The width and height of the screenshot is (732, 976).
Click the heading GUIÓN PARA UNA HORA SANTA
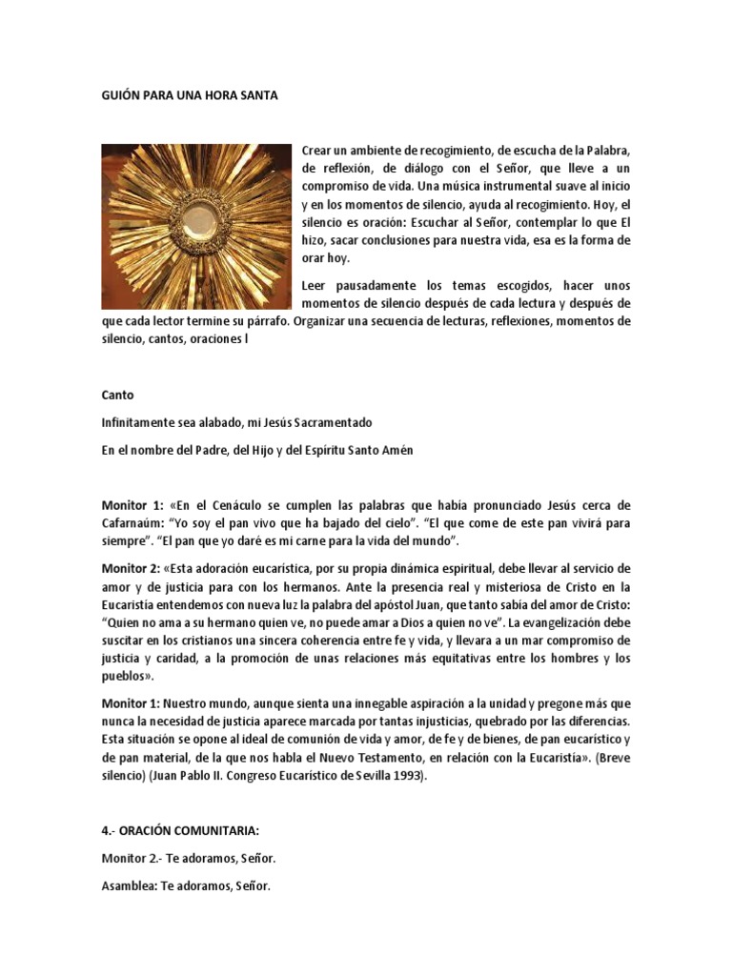(190, 97)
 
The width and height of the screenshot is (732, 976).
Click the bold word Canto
(117, 395)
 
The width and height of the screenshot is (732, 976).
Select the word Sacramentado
(332, 422)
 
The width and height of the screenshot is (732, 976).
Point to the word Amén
(399, 450)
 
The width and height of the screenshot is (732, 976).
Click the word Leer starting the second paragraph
(314, 285)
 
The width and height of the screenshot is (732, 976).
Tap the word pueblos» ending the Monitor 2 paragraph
(128, 677)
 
